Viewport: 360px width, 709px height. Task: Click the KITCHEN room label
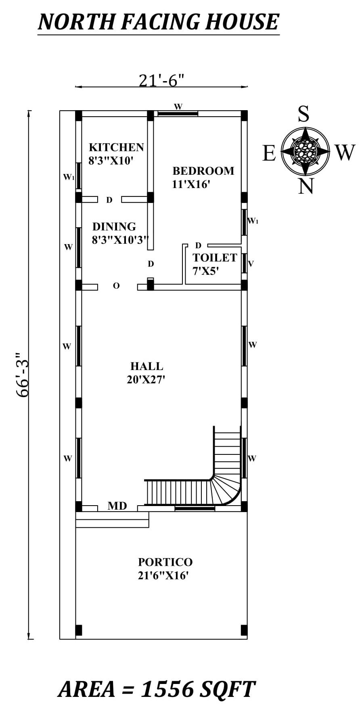116,147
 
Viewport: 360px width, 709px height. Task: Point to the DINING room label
114,226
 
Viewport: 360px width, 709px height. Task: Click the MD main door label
117,506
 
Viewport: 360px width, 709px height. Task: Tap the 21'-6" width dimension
161,80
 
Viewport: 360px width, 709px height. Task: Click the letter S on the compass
303,114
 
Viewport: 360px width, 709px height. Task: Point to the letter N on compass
306,186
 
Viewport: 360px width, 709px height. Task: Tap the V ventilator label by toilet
251,264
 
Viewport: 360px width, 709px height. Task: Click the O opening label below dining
116,286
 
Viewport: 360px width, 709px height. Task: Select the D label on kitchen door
109,200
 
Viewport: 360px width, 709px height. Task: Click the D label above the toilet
198,245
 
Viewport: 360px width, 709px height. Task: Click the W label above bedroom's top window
178,107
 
